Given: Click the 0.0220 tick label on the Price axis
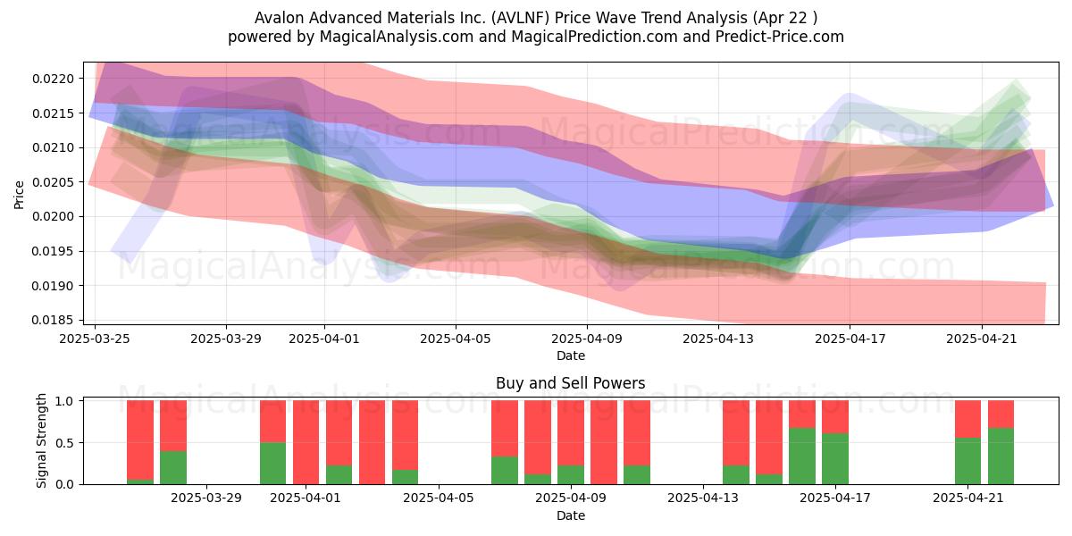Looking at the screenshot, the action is pos(53,79).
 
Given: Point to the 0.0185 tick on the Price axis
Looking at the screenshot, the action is pos(53,320).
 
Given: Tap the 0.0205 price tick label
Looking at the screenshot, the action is pos(53,182).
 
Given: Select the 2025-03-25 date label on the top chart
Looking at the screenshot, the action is pos(95,339).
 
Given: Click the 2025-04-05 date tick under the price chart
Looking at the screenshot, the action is pos(456,339).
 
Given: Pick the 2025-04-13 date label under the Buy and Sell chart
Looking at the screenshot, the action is pos(703,498).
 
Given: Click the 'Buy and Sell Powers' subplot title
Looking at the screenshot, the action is pos(571,383).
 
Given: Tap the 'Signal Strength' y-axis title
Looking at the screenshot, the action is pos(42,440).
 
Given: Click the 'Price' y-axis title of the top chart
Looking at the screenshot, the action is pos(19,195).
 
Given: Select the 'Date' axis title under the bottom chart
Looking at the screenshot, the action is pos(571,515).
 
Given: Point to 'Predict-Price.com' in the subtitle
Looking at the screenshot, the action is pos(780,37).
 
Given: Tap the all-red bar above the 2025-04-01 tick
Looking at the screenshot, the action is pos(306,442).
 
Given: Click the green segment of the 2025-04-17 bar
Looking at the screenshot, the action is pos(835,459).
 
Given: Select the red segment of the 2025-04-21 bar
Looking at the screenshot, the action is pos(967,419).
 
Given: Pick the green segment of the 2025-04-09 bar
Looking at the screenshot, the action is pos(571,474).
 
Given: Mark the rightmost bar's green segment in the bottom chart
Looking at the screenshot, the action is pos(1001,456).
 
